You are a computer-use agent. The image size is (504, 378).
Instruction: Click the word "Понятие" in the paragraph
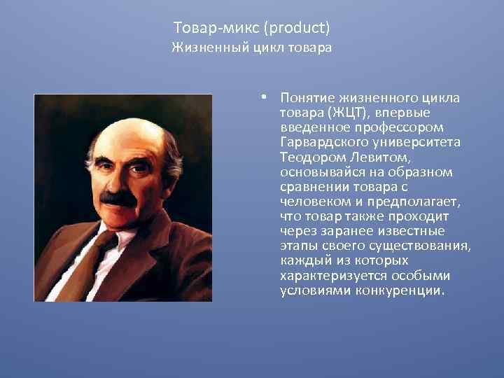point(307,98)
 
